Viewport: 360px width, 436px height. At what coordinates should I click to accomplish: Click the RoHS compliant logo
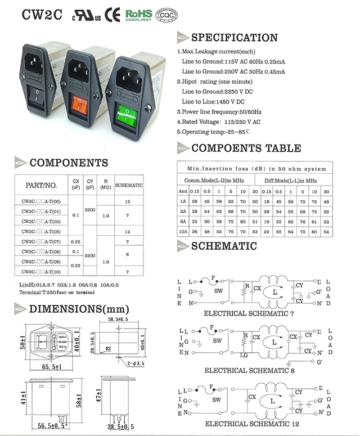(138, 15)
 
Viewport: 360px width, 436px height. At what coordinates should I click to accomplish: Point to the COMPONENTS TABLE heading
(246, 149)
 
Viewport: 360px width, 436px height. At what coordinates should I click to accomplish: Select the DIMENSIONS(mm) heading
(79, 309)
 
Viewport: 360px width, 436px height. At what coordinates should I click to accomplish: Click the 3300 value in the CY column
(89, 209)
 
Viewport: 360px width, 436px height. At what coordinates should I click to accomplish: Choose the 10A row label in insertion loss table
(182, 231)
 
